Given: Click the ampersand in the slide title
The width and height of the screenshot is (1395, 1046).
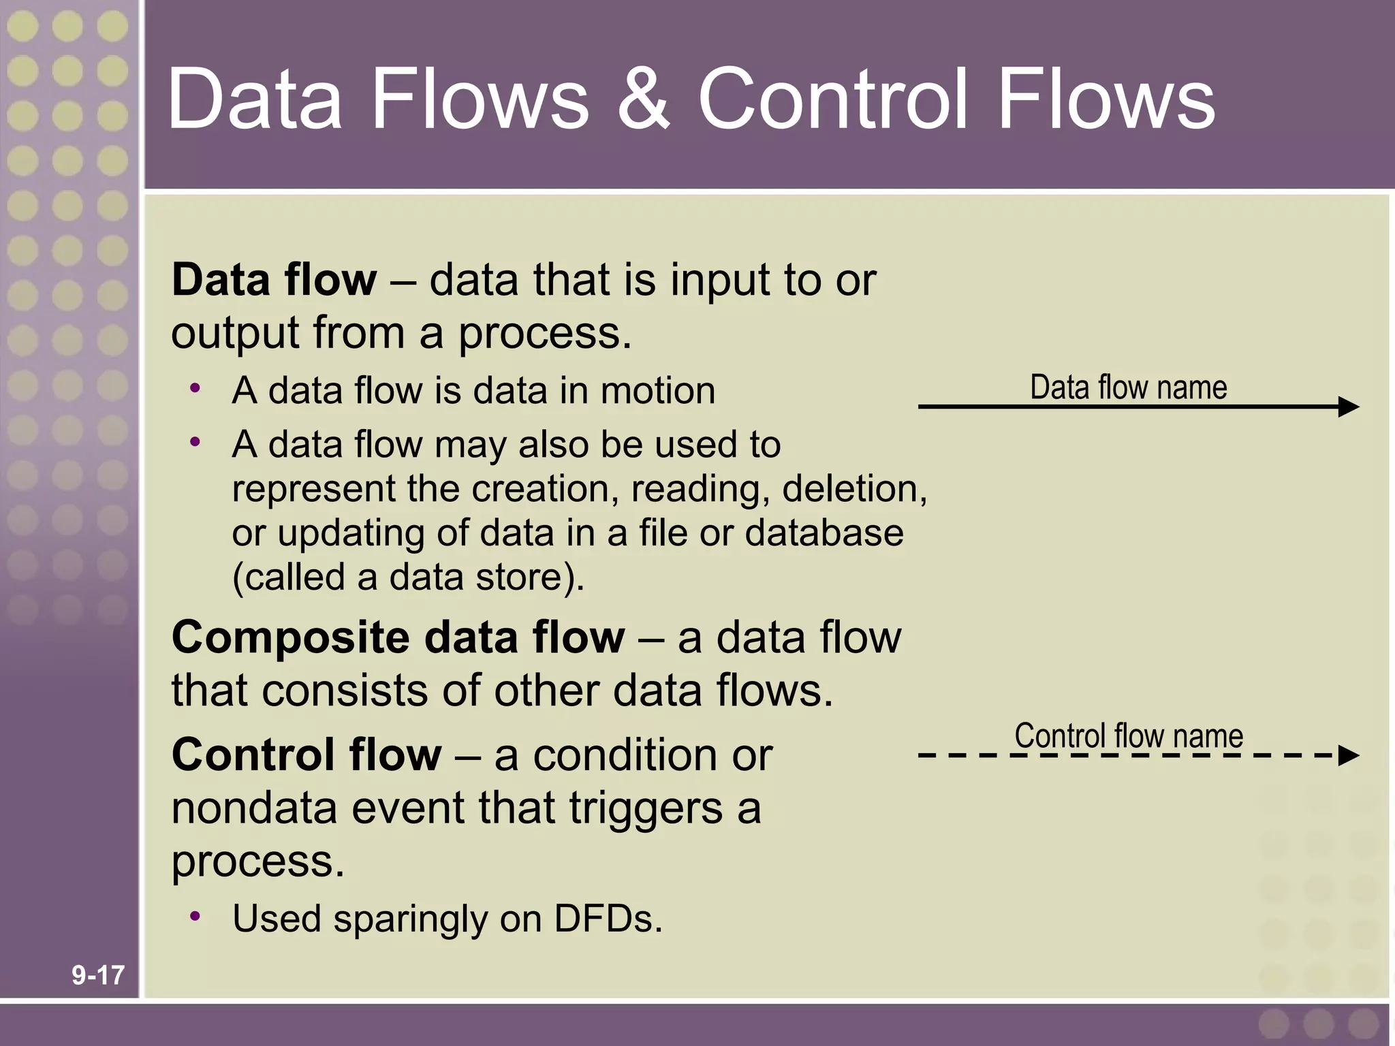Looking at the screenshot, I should [643, 99].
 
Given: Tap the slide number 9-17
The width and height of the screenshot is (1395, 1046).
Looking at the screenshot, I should [98, 975].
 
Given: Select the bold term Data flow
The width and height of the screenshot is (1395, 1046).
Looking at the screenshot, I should [274, 280].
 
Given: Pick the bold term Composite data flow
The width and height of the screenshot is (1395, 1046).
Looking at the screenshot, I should [398, 638].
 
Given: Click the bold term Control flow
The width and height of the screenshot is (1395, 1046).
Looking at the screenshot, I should [307, 755].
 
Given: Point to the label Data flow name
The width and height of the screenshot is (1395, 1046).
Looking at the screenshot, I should [1128, 387].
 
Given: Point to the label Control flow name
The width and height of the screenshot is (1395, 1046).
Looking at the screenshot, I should [1129, 735].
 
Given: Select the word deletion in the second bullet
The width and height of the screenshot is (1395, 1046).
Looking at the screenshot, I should [853, 489].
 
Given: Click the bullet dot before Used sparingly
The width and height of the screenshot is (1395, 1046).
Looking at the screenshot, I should [195, 916].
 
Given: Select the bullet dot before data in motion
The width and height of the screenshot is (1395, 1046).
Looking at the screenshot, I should [195, 388].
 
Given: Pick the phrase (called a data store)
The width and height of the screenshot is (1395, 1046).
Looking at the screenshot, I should [408, 577].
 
